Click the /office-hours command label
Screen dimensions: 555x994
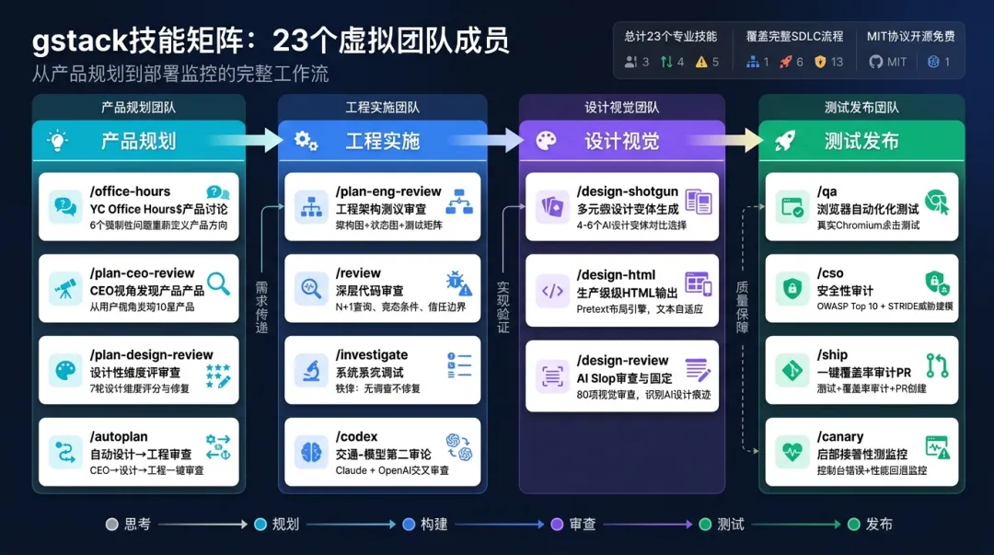tap(130, 191)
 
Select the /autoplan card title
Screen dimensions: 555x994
tap(119, 436)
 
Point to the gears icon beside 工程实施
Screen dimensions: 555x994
tap(306, 141)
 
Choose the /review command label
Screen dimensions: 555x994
tap(358, 272)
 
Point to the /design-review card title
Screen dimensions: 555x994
tap(623, 360)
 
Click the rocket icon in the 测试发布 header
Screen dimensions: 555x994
tap(785, 141)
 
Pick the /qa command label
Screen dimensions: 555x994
tap(826, 191)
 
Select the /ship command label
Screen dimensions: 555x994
tap(832, 354)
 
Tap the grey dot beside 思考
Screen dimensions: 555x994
tap(112, 524)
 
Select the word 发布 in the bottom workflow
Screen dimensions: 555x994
tap(879, 524)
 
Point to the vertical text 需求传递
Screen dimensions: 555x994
tap(261, 306)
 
